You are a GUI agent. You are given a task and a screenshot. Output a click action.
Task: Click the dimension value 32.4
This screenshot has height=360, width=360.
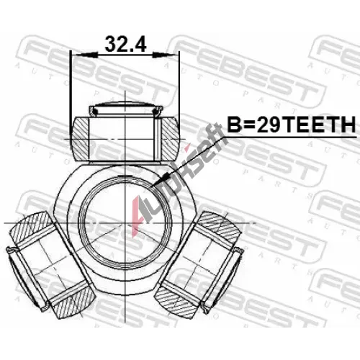125,44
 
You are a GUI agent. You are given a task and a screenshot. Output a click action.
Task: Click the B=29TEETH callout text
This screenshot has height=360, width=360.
291,125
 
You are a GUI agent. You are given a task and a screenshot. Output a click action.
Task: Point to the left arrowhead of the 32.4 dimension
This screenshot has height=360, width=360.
85,55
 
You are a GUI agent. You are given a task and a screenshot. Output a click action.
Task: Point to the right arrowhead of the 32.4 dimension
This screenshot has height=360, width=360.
166,55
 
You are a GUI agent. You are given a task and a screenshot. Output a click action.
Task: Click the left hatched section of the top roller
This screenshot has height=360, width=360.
81,138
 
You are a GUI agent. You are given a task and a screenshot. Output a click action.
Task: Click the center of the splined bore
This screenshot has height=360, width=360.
125,222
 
